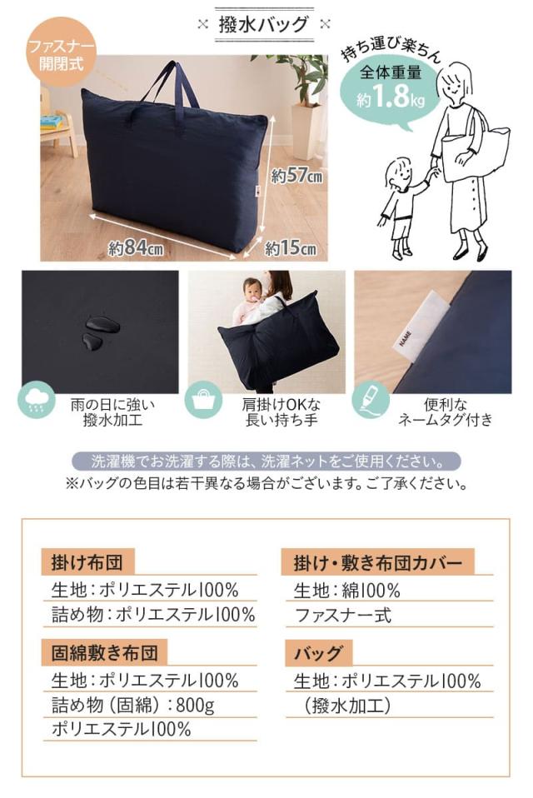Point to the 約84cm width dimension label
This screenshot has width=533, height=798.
pyautogui.click(x=136, y=249)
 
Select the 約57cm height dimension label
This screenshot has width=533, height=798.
pyautogui.click(x=296, y=177)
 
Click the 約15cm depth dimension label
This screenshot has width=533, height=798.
pyautogui.click(x=291, y=248)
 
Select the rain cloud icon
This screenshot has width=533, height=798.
pyautogui.click(x=37, y=401)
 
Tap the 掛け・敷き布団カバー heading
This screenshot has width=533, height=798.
pyautogui.click(x=378, y=562)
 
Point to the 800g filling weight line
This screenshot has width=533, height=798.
pyautogui.click(x=133, y=706)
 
